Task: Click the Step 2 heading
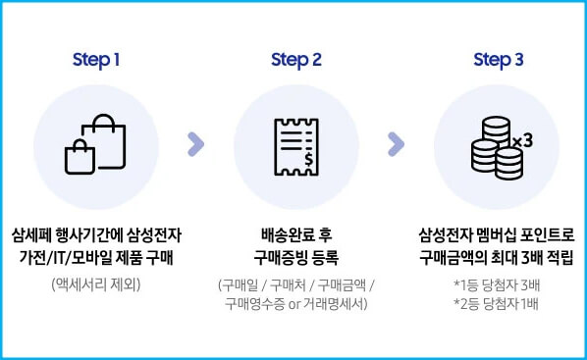[x=296, y=60]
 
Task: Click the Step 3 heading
[x=499, y=60]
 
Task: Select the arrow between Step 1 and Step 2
[x=195, y=145]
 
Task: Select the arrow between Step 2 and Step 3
[x=397, y=145]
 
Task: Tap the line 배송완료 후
[x=296, y=236]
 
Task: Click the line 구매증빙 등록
[x=296, y=258]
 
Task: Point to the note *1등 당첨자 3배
[x=498, y=284]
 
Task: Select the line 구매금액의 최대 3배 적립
[x=498, y=258]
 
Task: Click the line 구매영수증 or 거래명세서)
[x=296, y=304]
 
